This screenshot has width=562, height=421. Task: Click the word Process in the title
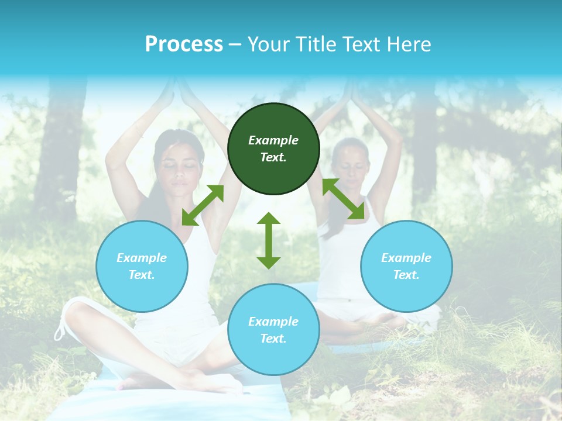tap(184, 44)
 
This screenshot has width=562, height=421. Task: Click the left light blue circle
tap(142, 266)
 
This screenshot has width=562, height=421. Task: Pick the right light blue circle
tap(406, 266)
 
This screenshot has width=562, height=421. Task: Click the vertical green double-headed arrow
tap(269, 240)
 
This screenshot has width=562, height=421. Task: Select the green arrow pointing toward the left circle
tap(203, 205)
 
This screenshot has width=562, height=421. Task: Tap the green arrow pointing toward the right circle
tap(344, 199)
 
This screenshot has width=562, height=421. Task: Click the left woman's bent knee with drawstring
tap(76, 316)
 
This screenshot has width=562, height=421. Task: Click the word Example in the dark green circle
tap(273, 140)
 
